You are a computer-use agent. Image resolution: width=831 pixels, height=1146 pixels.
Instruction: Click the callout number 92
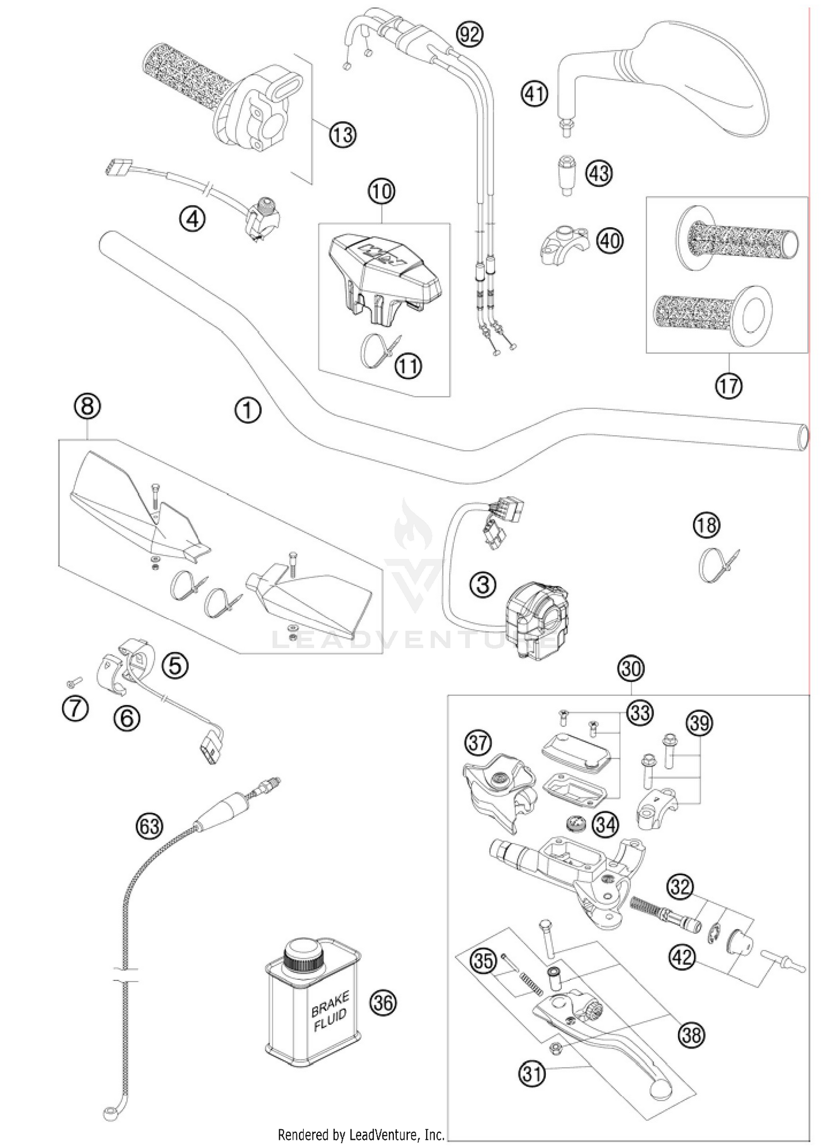[469, 34]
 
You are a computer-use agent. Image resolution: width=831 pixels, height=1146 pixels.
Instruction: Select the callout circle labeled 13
[342, 135]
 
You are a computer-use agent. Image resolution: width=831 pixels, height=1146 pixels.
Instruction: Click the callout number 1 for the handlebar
[247, 410]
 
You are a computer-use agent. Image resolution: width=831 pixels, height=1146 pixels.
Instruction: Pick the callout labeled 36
[383, 1003]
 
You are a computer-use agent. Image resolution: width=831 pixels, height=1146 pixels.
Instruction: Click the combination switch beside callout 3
[536, 618]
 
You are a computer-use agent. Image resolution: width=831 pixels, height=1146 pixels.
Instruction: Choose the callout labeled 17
[728, 386]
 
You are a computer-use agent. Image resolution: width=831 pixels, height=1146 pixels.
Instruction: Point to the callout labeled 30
[631, 669]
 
